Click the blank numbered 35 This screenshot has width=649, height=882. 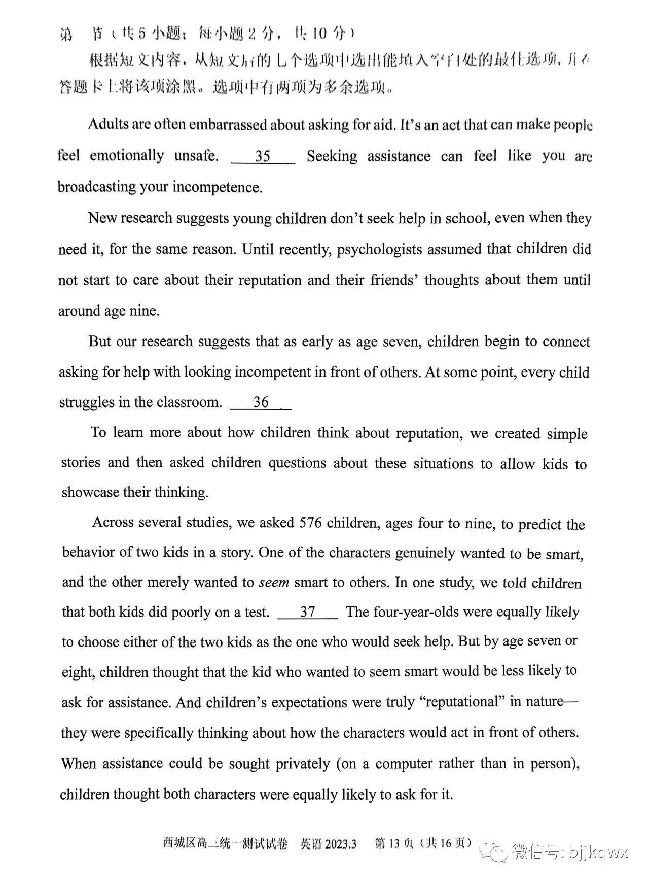[263, 156]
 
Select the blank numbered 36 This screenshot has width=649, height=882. [261, 402]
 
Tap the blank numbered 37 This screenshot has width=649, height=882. [308, 612]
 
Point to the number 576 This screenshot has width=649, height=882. [310, 523]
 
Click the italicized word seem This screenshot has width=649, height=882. [274, 582]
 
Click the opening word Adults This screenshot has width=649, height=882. [108, 124]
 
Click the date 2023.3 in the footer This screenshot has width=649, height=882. [340, 844]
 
